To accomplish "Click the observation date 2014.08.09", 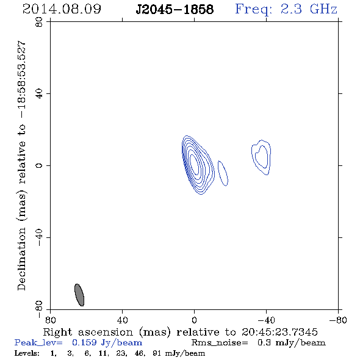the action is coord(62,9).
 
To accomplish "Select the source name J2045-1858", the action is coord(175,9).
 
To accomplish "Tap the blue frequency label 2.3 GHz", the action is coord(309,9).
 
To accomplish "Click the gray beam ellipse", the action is coord(79,295).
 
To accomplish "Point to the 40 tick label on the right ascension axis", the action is coord(122,320).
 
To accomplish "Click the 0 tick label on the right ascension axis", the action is coord(194,320).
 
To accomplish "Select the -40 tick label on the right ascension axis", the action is coord(266,320).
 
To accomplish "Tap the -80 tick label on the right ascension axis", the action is coord(338,320).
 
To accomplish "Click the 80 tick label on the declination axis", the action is coord(39,22).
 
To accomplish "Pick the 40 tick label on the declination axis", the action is coord(39,94).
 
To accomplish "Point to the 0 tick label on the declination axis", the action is coord(39,165).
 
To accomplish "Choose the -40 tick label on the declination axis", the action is coord(39,237).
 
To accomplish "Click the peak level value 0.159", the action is coord(84,342).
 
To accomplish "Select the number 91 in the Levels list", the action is coord(156,353).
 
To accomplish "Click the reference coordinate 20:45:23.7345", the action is coord(279,332).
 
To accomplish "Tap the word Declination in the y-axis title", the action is coord(21,259).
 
